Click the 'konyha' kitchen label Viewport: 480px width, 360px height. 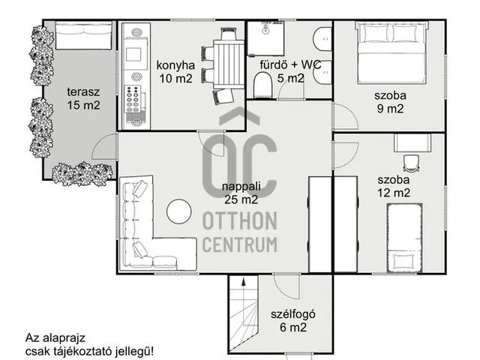[175, 65]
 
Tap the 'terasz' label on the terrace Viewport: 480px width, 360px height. [83, 91]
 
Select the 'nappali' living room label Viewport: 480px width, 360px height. [241, 187]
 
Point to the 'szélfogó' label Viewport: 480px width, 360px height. [293, 314]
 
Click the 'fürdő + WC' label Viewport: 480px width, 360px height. [290, 65]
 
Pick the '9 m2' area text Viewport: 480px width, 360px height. [390, 109]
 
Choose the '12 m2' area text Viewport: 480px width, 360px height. [393, 193]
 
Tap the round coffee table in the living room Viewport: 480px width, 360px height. [179, 211]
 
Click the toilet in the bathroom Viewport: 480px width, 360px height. [262, 85]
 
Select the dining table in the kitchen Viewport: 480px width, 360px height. [229, 64]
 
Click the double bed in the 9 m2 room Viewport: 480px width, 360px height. [391, 52]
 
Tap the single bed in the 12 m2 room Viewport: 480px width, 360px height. [404, 238]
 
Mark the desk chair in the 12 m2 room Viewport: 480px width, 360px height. [410, 163]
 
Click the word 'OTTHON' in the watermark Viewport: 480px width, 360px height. [240, 220]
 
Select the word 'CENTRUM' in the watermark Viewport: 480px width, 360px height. [240, 244]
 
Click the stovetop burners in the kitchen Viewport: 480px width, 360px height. [134, 98]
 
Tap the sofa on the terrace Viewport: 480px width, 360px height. [83, 35]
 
